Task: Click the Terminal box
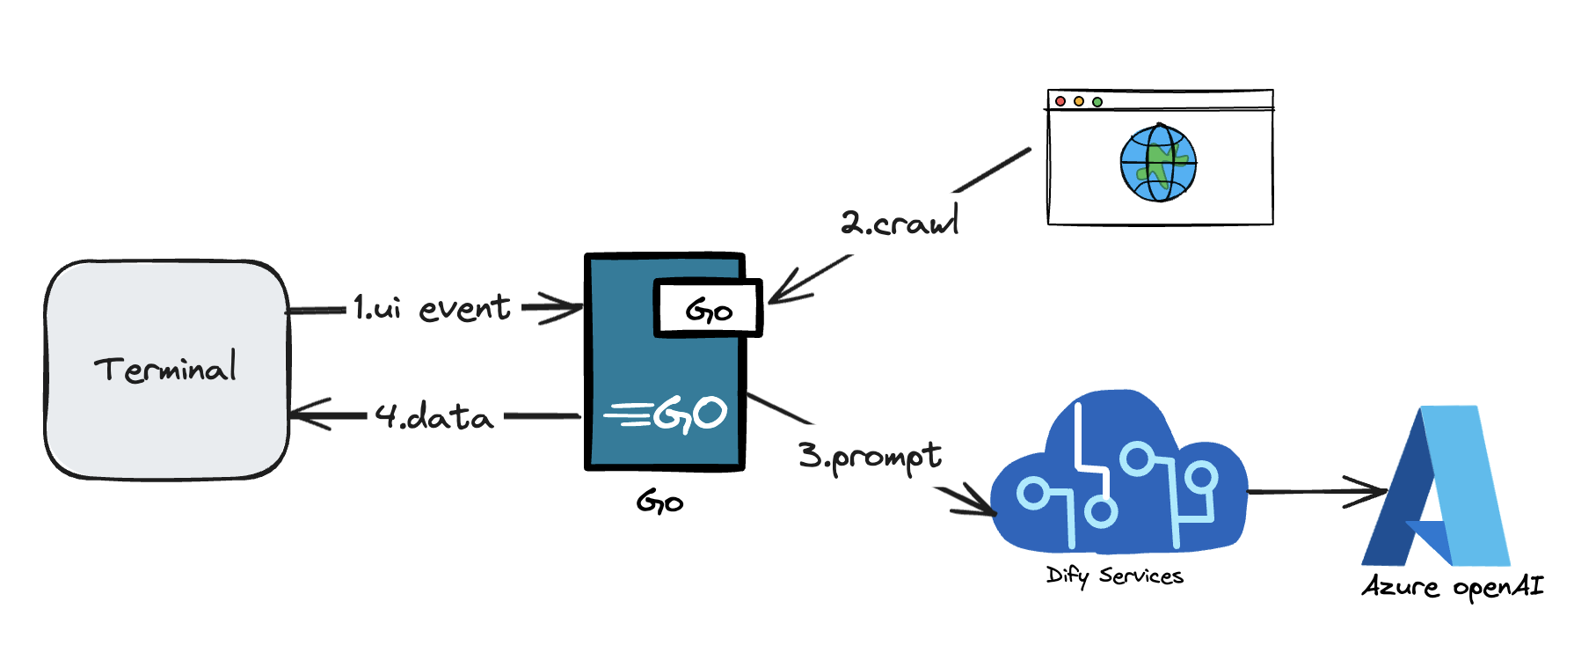pos(167,370)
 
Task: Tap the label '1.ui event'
pos(431,308)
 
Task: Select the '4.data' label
pos(434,415)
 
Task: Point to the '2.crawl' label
pos(899,222)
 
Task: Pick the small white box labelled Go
pos(708,308)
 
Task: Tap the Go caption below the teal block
pos(659,503)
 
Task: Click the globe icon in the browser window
pos(1158,163)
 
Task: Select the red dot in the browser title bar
pos(1060,102)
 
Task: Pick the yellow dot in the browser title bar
pos(1079,102)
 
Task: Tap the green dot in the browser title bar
pos(1097,102)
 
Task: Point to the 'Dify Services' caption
pos(1114,576)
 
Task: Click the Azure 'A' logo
pos(1436,488)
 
